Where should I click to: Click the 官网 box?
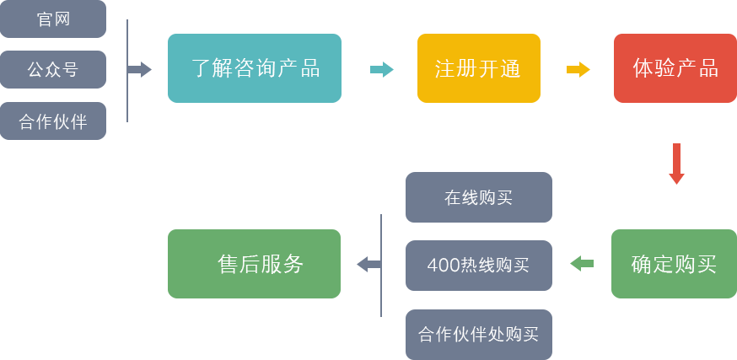point(53,19)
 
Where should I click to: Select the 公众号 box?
point(53,69)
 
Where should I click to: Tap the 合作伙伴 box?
point(53,121)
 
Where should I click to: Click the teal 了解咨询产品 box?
point(254,68)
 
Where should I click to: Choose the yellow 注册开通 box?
point(477,68)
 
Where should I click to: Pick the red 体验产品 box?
point(675,68)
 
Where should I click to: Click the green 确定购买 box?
point(673,264)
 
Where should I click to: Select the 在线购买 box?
point(478,197)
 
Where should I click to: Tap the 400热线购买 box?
point(478,265)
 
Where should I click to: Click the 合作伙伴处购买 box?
point(478,333)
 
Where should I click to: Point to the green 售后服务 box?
point(254,264)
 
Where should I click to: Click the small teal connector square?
point(382,69)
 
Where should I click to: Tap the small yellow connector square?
point(578,69)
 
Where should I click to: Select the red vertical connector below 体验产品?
point(675,164)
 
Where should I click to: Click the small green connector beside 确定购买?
point(581,263)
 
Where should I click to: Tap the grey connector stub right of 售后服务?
point(367,264)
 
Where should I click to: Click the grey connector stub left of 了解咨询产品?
point(141,69)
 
